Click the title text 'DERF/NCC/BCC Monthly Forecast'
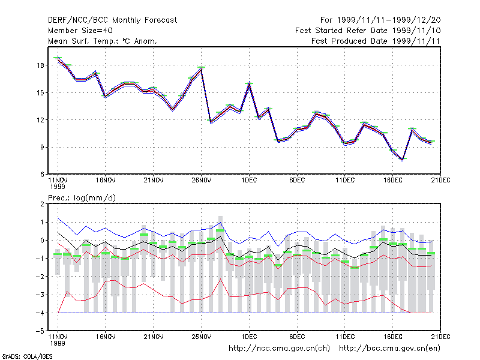click(x=112, y=20)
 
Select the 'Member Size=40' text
click(x=80, y=31)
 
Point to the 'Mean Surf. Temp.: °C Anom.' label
click(x=103, y=41)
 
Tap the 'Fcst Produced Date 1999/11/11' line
click(x=376, y=41)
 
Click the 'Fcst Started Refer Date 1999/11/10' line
click(x=368, y=31)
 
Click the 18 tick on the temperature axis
click(x=41, y=65)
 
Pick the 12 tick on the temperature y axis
click(x=41, y=120)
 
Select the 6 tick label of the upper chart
click(x=42, y=175)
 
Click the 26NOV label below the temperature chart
click(x=202, y=181)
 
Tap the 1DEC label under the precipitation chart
click(x=249, y=337)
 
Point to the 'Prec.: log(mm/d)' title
click(x=82, y=198)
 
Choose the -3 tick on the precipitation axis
click(x=41, y=295)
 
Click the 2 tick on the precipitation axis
click(x=42, y=204)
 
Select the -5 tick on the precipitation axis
click(x=41, y=331)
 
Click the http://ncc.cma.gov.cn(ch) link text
click(x=279, y=349)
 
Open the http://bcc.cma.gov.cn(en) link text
click(x=389, y=349)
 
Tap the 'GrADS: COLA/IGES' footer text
click(x=27, y=356)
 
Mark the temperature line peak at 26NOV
click(x=201, y=68)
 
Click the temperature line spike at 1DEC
click(x=249, y=83)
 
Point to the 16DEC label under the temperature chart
click(x=393, y=181)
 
